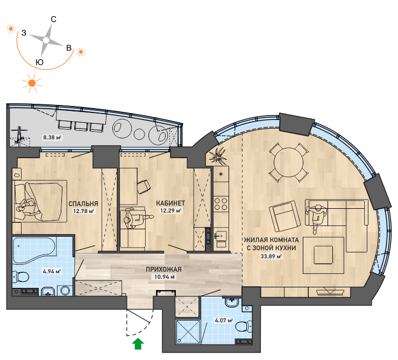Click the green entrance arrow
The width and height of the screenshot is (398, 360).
coord(138,344)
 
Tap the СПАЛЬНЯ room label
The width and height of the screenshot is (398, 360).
coord(83,203)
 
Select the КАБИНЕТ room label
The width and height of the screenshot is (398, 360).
coord(170,203)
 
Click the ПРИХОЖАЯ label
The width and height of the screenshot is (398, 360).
coord(164,270)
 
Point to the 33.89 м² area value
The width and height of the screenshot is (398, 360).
coord(272,256)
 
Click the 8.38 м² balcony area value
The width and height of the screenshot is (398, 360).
coord(52,137)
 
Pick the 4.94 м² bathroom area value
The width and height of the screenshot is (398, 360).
coord(52,271)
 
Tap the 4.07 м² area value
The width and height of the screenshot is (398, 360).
coord(224,320)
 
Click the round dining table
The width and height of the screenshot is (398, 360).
coord(289,163)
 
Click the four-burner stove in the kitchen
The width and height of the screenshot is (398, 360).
coord(221,204)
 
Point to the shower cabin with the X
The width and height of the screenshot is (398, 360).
coord(188,332)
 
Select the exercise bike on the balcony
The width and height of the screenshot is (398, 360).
coord(19,135)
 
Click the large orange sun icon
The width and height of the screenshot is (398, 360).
coord(32,83)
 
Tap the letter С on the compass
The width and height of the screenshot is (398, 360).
coord(54,19)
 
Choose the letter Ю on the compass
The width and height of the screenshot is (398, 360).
coord(39,62)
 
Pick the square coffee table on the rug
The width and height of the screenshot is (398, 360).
coord(323,255)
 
